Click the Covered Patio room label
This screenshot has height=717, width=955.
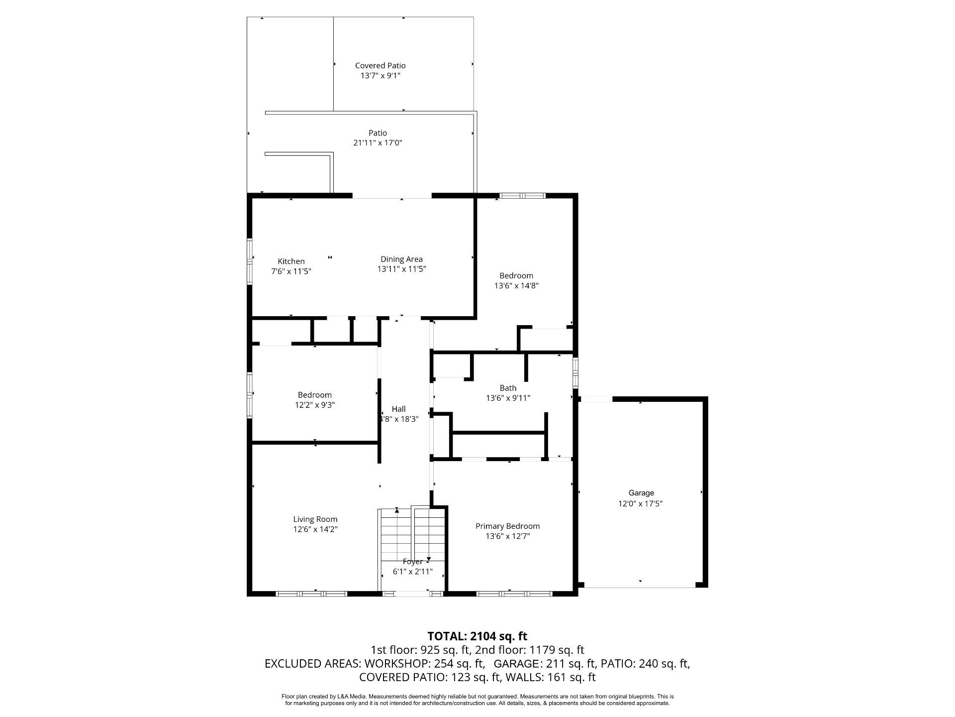point(380,65)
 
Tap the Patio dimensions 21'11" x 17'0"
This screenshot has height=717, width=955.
point(378,143)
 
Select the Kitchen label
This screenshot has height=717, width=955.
point(291,261)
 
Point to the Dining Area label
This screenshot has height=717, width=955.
point(401,259)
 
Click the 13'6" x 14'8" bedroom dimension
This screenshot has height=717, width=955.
point(516,286)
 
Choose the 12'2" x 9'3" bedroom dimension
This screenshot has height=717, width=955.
point(314,405)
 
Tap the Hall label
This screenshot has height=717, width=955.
point(398,409)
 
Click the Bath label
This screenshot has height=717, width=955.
point(508,388)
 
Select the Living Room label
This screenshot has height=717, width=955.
point(315,519)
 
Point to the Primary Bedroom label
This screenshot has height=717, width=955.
point(507,526)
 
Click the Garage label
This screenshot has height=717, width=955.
point(641,493)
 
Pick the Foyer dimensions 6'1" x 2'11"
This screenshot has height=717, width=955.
point(412,572)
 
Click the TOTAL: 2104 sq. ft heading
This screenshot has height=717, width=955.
point(477,636)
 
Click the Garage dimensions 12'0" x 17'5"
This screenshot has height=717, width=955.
point(640,503)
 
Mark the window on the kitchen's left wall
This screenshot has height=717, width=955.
point(251,262)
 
